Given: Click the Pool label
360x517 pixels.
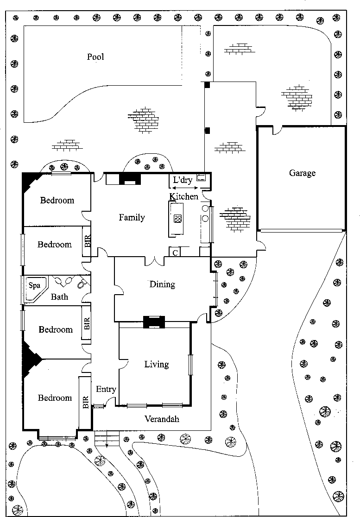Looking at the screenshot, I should click(x=95, y=57).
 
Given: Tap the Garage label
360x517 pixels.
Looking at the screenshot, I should click(x=302, y=173).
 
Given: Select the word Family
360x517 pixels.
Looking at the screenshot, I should click(x=132, y=217).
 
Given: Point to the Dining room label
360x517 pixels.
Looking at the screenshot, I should click(x=162, y=284).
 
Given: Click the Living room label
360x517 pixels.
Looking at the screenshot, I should click(x=156, y=364).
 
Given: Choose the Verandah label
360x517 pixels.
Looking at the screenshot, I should click(x=162, y=419).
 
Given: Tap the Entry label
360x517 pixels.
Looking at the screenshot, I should click(x=106, y=389).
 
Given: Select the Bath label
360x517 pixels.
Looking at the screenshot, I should click(x=59, y=296).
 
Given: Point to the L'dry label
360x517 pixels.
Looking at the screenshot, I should click(x=182, y=180).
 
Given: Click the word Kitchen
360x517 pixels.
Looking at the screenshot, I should click(x=183, y=196).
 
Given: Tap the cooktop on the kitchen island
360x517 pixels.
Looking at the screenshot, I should click(x=177, y=218).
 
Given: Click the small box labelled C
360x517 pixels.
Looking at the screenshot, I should click(x=175, y=252).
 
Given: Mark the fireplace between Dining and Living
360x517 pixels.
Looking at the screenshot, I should click(x=154, y=322).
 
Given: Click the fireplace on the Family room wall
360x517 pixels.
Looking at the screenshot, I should click(x=130, y=179).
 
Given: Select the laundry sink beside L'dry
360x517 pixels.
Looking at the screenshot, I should click(x=202, y=177).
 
